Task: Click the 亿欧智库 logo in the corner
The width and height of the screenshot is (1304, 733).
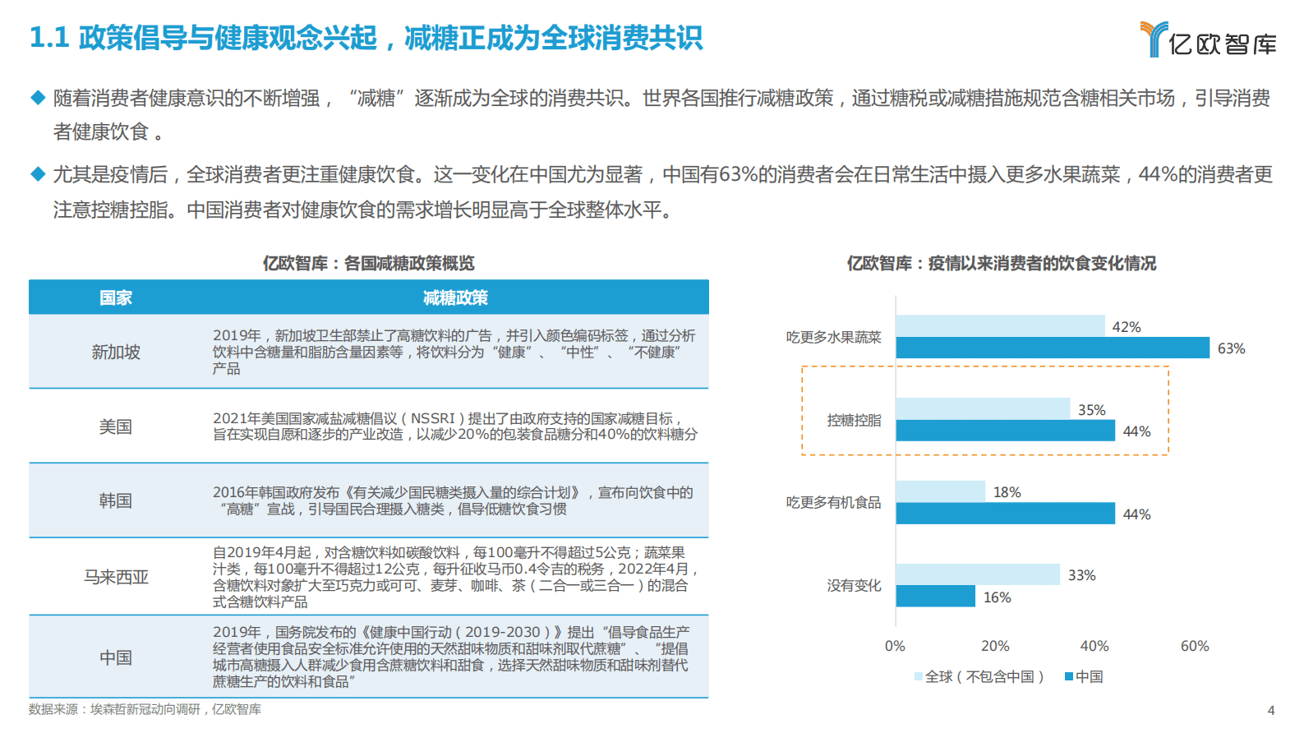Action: [x=1208, y=40]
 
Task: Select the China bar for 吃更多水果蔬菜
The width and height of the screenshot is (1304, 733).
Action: [x=1053, y=348]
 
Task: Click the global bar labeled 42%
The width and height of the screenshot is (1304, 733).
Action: [x=1000, y=325]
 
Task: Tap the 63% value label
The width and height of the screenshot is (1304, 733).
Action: [x=1231, y=348]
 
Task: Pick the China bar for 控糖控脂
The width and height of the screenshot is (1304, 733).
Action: [x=1005, y=431]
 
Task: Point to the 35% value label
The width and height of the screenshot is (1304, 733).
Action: [x=1091, y=410]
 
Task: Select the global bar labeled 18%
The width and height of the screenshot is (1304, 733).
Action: [x=940, y=491]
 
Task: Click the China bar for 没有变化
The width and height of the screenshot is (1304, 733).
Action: [x=935, y=596]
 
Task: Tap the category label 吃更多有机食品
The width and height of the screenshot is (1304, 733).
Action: [x=833, y=502]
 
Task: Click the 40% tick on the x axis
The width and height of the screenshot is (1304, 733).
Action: [x=1094, y=646]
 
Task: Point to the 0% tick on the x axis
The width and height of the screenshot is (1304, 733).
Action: [x=895, y=646]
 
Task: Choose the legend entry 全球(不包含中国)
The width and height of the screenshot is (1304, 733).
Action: [x=979, y=676]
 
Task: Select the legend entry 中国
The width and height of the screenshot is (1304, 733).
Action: [x=1084, y=676]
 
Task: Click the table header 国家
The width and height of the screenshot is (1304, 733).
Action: [x=116, y=297]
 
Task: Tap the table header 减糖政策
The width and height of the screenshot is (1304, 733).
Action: [x=455, y=297]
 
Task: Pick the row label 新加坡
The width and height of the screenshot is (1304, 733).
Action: [x=116, y=352]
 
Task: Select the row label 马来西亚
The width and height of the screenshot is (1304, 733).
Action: [x=116, y=577]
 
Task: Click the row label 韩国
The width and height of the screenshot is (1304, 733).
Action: [x=116, y=500]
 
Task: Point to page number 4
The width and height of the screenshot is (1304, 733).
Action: [x=1270, y=710]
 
